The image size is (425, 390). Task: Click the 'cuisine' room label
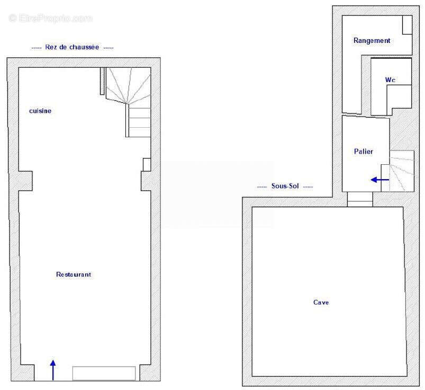40,111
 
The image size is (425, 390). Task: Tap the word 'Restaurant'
74,274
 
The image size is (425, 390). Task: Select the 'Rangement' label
372,40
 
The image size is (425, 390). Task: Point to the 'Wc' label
390,80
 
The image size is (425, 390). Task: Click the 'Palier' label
364,151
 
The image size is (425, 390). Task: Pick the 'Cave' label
321,303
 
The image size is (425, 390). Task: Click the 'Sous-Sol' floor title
285,186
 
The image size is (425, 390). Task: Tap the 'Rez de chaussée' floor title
72,47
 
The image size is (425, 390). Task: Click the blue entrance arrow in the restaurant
53,370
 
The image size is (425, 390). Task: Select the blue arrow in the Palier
380,180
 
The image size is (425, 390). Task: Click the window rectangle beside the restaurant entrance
104,374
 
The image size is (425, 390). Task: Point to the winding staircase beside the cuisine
128,102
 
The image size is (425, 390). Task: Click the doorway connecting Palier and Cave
360,199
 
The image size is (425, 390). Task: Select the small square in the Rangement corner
407,25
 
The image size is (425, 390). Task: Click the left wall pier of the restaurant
25,181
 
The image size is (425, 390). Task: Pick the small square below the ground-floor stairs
147,165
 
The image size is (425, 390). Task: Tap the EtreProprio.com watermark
50,18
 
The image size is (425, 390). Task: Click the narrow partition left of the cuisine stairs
102,81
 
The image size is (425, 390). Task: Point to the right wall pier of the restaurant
146,181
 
